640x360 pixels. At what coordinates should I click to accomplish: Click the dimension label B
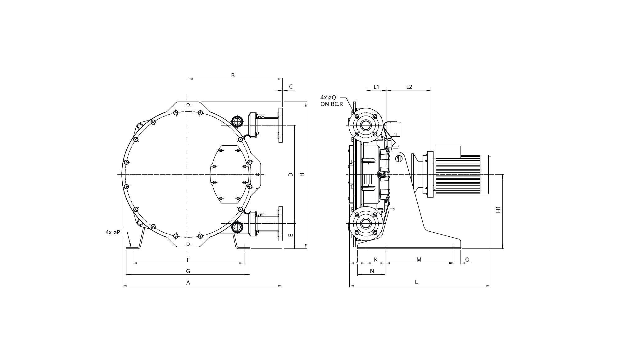pyautogui.click(x=233, y=75)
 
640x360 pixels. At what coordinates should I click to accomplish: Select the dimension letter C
pyautogui.click(x=291, y=87)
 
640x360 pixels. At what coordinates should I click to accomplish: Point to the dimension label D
pyautogui.click(x=291, y=175)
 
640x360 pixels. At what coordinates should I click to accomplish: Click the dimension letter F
pyautogui.click(x=188, y=260)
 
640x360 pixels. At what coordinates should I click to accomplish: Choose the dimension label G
pyautogui.click(x=188, y=271)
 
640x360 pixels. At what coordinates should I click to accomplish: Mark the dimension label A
pyautogui.click(x=188, y=283)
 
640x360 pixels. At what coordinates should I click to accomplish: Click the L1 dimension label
pyautogui.click(x=376, y=87)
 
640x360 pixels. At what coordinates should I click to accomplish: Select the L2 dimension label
pyautogui.click(x=409, y=87)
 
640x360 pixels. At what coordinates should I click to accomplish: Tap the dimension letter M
pyautogui.click(x=419, y=260)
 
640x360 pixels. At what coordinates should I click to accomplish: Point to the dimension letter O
pyautogui.click(x=467, y=260)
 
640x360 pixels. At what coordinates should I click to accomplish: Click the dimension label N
pyautogui.click(x=372, y=271)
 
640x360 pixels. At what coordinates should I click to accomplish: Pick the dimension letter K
pyautogui.click(x=376, y=260)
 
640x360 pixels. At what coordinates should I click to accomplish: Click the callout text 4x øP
pyautogui.click(x=113, y=232)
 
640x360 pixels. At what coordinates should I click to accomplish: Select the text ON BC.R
pyautogui.click(x=332, y=104)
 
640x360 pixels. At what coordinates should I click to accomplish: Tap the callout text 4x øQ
pyautogui.click(x=328, y=98)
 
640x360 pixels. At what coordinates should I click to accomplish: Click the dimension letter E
pyautogui.click(x=291, y=235)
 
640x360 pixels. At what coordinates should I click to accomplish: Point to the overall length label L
pyautogui.click(x=416, y=282)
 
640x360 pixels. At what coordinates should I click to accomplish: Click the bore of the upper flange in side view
pyautogui.click(x=366, y=125)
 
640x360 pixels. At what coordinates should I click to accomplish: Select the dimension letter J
pyautogui.click(x=357, y=260)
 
